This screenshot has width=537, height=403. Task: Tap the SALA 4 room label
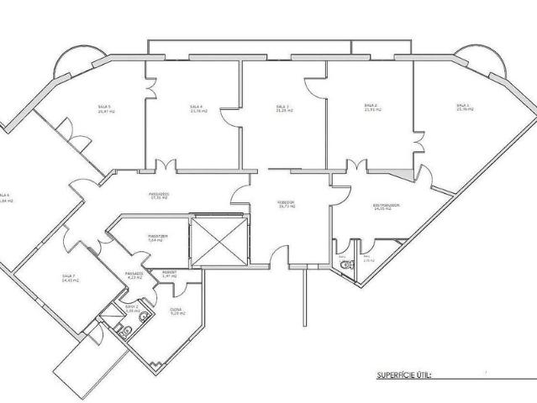[197, 108]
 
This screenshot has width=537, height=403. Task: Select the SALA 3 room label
[283, 108]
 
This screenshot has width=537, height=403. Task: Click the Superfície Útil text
[403, 375]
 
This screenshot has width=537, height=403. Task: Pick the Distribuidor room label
[386, 206]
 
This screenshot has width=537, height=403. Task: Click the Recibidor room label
[287, 204]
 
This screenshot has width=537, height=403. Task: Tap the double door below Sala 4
[166, 165]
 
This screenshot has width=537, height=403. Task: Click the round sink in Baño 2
[144, 317]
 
